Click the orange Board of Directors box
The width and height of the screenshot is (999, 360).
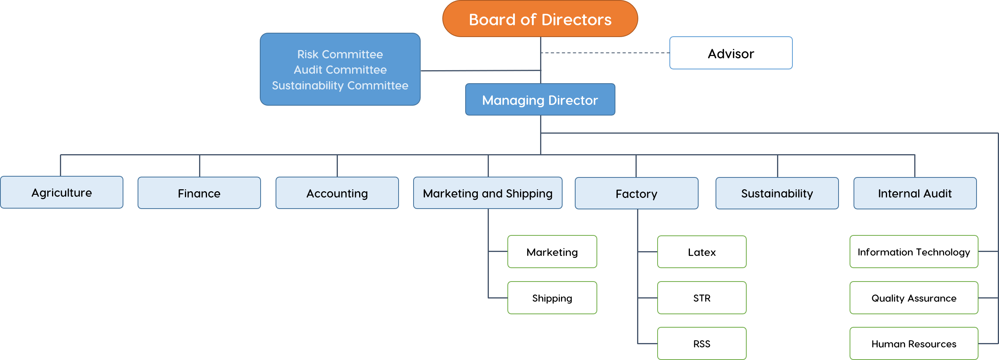coord(540,19)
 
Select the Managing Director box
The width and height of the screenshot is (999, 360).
coord(540,100)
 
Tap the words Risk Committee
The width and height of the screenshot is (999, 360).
coord(340,54)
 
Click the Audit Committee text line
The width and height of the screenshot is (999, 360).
coord(340,70)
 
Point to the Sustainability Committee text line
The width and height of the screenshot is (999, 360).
coord(340,86)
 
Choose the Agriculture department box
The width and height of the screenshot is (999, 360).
coord(62,192)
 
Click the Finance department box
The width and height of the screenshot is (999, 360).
coord(199,193)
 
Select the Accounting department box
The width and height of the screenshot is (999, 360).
coord(337,193)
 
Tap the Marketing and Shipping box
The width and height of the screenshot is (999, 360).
coord(488,193)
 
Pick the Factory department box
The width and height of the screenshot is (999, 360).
coord(636,194)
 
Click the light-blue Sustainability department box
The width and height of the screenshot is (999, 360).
coord(777,193)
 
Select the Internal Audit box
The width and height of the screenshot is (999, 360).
coord(915,193)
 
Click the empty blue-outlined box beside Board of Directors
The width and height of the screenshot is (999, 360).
coord(731,53)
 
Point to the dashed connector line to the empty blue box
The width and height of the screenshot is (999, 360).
coord(605,53)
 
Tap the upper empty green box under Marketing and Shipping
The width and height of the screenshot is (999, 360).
coord(552,252)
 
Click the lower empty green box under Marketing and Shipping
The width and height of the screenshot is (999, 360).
coord(552,298)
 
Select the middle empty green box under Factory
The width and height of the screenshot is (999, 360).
coord(702,298)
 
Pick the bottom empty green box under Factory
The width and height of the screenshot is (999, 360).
coord(702,343)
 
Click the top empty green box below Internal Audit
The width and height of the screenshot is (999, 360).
coord(914,252)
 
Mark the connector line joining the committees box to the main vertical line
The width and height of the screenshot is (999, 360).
coord(481,71)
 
